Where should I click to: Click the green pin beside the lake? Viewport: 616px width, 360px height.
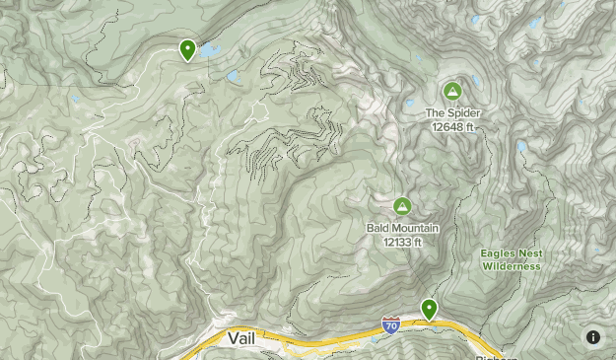coord(187,48)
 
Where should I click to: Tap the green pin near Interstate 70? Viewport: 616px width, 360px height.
coord(429,309)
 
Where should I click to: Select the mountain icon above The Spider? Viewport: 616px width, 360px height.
coord(452,92)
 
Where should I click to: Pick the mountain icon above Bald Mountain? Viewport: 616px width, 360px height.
coord(402,206)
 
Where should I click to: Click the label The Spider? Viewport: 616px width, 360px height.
coord(452,112)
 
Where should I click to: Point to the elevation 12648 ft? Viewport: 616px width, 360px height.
coord(452,125)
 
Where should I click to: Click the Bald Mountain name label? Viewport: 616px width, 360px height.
coord(402,228)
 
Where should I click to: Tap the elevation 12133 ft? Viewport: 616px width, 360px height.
coord(402,241)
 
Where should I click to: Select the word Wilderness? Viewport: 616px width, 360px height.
coord(512,265)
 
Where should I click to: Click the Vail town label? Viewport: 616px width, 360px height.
coord(242,338)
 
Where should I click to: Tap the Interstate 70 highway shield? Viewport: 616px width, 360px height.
coord(390,324)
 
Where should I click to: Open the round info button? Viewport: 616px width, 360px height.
coord(593,337)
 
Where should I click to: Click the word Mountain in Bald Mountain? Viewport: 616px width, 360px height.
coord(415,228)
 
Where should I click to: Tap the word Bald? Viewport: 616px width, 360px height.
coord(377,228)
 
